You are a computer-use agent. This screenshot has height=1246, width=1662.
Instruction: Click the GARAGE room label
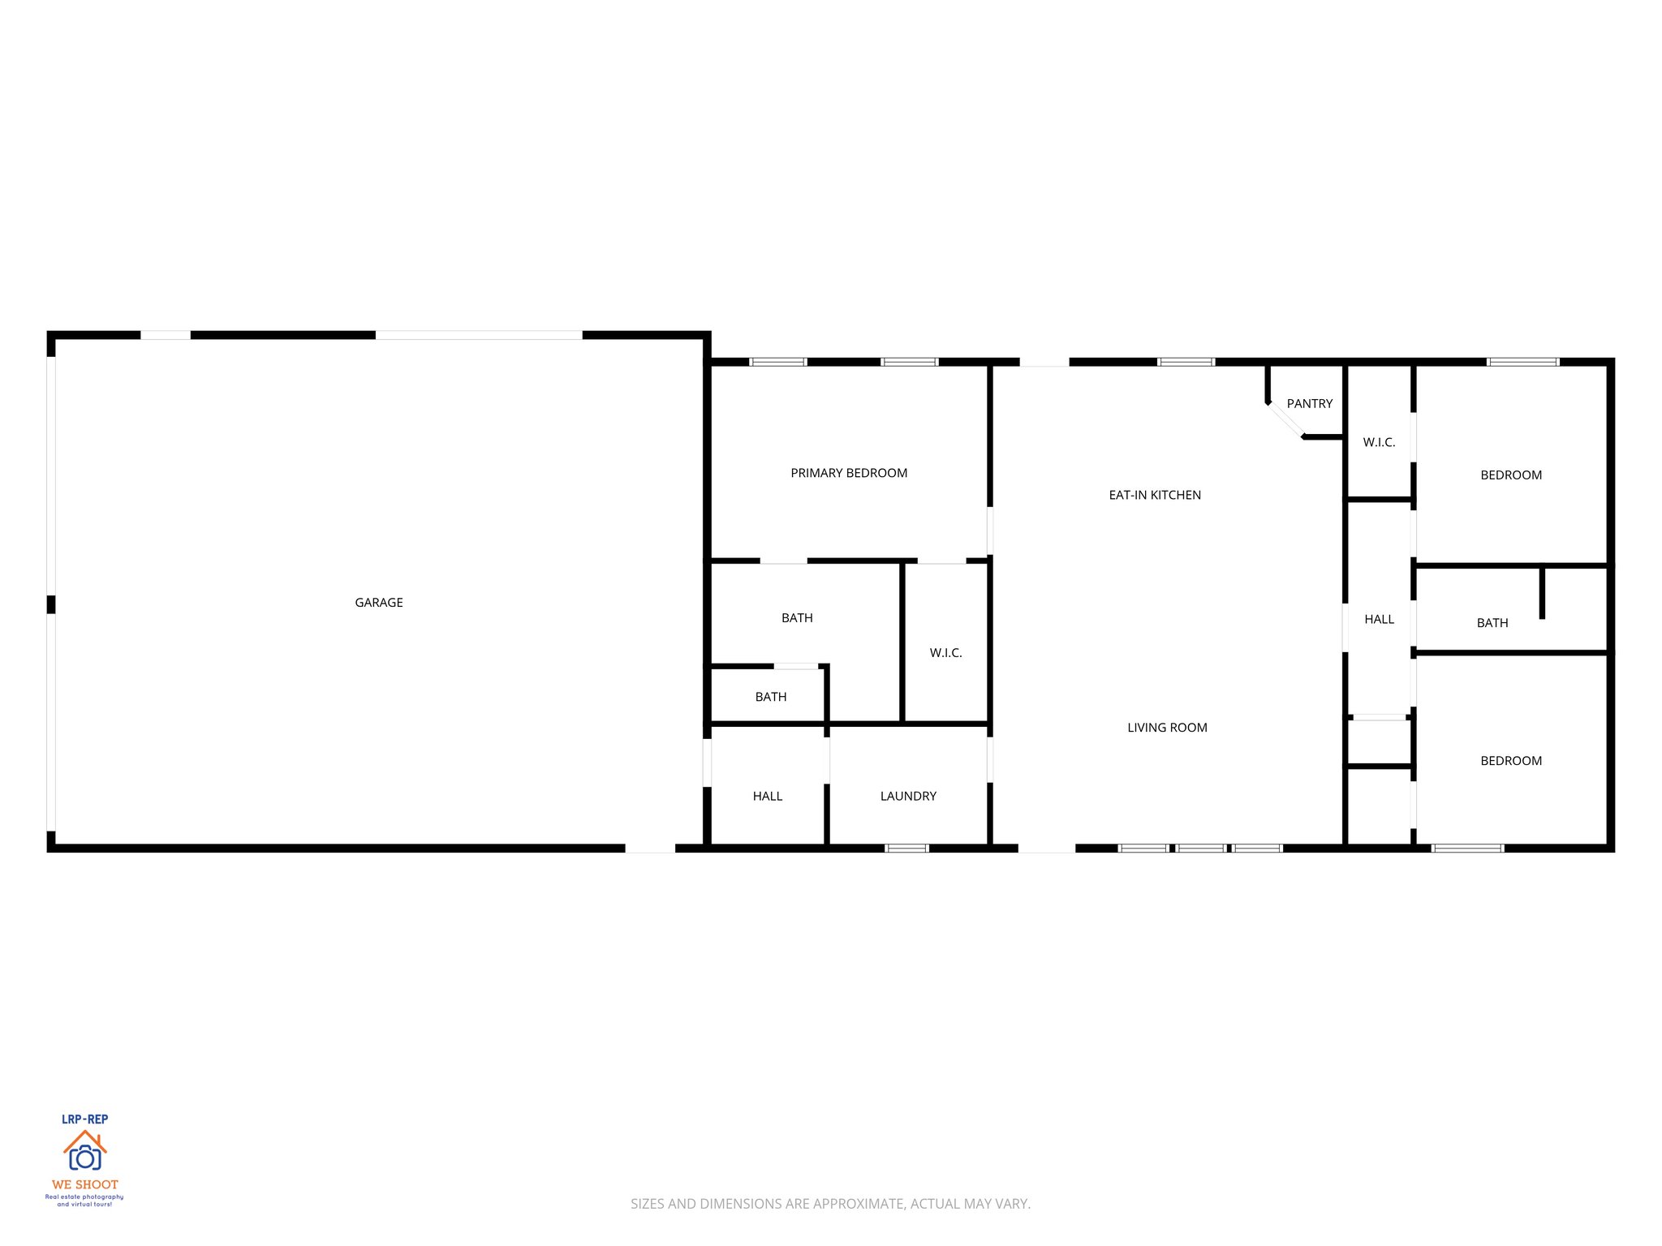click(x=379, y=603)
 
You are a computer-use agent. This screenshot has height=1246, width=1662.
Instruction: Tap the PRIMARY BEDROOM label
click(x=849, y=473)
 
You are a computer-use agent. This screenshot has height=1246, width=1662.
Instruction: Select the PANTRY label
click(x=1309, y=404)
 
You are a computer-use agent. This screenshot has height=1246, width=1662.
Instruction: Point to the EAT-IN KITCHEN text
click(x=1155, y=495)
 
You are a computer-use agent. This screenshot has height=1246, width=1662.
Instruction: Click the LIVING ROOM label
click(x=1167, y=728)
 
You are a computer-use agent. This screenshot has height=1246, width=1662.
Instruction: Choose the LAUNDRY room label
click(x=908, y=797)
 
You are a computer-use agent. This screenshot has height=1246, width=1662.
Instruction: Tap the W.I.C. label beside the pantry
click(x=1379, y=443)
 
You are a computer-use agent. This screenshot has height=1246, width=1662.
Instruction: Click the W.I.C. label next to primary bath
click(x=945, y=653)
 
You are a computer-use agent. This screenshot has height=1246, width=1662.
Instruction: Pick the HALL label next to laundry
click(x=767, y=797)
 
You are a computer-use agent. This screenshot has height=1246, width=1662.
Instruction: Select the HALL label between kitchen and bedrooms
click(x=1379, y=620)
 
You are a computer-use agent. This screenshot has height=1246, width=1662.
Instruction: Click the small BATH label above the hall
click(x=770, y=697)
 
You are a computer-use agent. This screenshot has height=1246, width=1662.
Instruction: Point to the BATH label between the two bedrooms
click(x=1492, y=623)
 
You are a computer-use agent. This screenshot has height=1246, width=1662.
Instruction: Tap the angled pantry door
click(x=1285, y=420)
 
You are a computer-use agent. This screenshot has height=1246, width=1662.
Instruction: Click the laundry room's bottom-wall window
click(x=906, y=849)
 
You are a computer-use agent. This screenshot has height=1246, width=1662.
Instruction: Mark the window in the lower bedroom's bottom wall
click(x=1467, y=849)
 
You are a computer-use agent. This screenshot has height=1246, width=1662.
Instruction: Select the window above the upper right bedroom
click(x=1522, y=362)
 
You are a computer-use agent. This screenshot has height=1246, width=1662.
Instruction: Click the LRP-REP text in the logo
click(x=84, y=1119)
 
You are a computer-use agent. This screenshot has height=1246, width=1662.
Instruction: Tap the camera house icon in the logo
click(x=84, y=1152)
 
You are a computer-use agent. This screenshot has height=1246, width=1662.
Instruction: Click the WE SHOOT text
click(x=84, y=1184)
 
